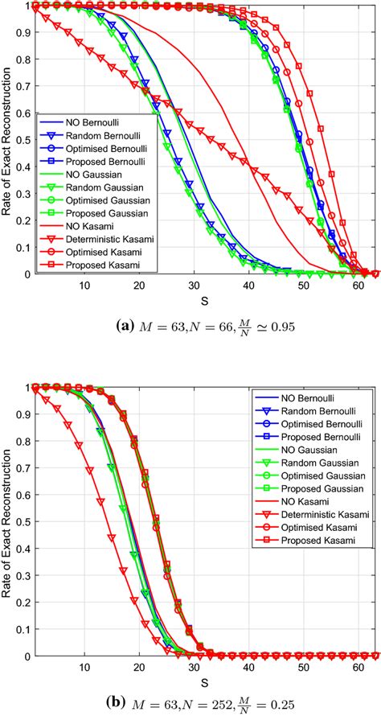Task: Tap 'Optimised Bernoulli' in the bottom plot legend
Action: [311, 422]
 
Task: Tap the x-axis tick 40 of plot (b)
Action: [249, 666]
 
